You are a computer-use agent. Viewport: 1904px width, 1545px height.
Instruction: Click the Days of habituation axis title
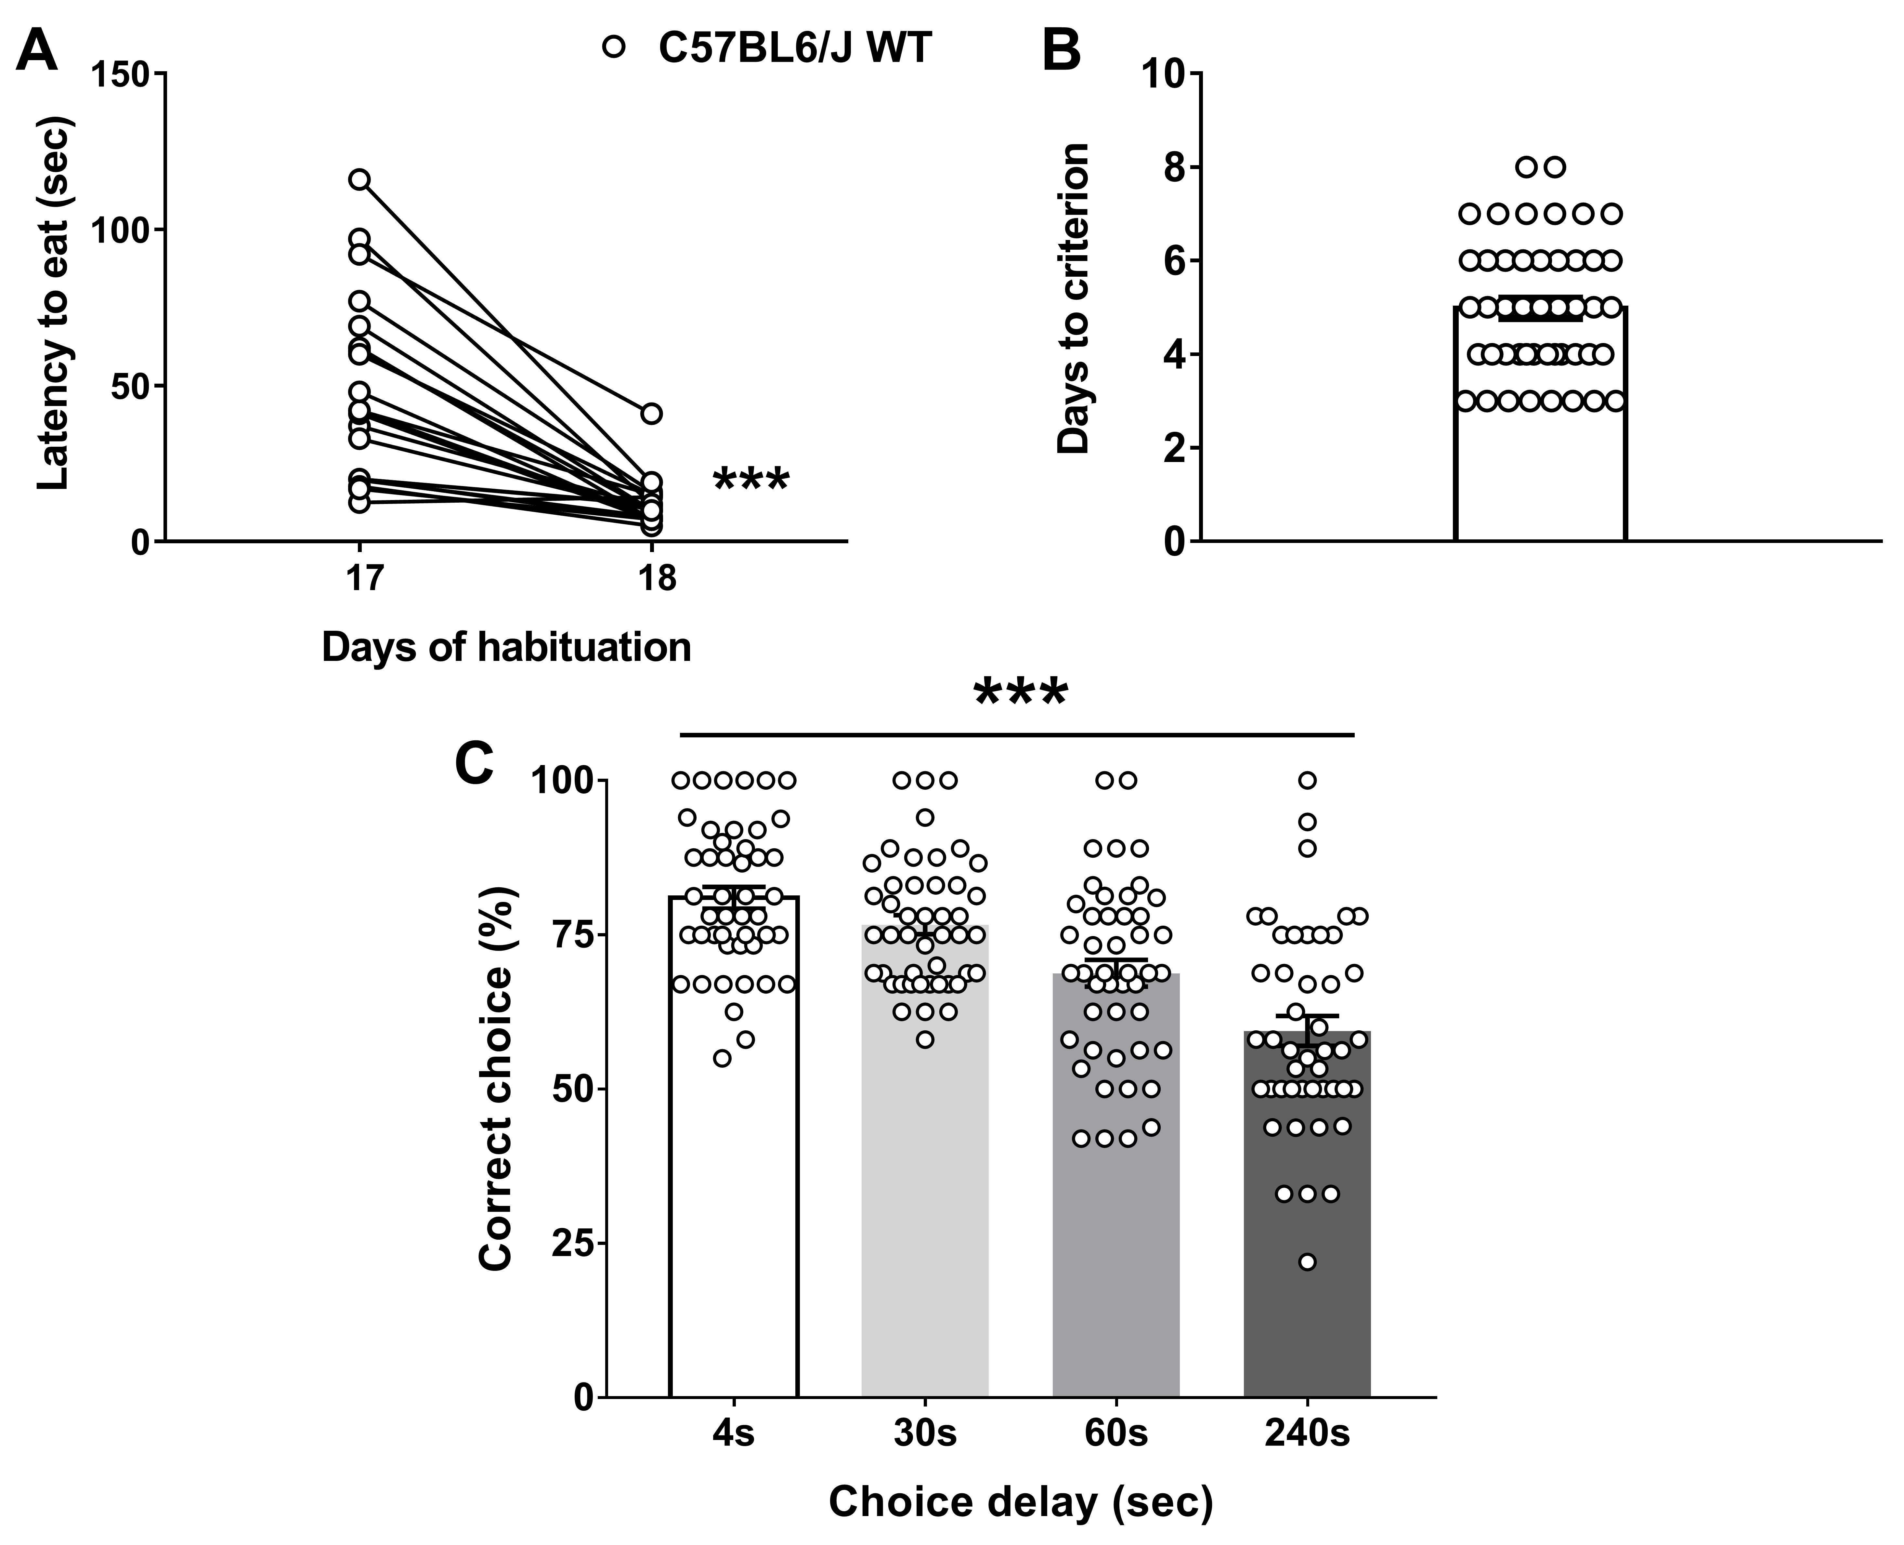pos(506,647)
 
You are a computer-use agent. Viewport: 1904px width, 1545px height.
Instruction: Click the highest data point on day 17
pos(359,180)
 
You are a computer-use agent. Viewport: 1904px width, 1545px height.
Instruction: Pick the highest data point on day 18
pos(652,414)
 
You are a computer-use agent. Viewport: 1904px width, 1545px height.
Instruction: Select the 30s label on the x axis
pos(925,1435)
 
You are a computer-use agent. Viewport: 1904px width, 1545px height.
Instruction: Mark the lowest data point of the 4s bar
pos(723,1058)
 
